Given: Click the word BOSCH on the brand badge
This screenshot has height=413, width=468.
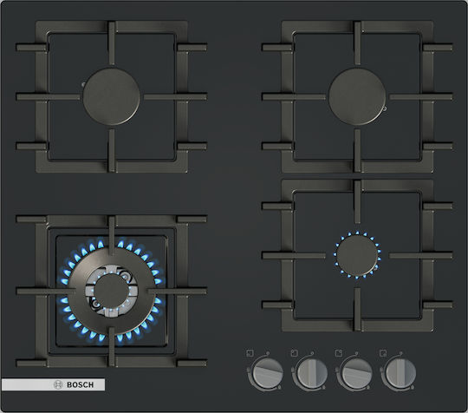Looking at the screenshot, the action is (80, 384).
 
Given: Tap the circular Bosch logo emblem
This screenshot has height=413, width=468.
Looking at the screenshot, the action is (58, 384).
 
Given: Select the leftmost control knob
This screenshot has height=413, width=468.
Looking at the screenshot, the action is (268, 372).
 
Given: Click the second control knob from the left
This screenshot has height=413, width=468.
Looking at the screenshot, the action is (312, 372).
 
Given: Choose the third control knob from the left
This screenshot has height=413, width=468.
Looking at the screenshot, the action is (356, 372).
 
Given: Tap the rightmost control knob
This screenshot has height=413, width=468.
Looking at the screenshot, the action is (400, 372).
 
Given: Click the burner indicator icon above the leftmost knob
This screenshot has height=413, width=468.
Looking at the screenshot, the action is (250, 353).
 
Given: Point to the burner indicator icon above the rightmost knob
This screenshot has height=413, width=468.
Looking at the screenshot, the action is (383, 353).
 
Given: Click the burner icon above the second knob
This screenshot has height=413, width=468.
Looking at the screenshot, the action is (295, 353).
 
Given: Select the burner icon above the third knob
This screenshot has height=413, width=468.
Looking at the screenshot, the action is (339, 353).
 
